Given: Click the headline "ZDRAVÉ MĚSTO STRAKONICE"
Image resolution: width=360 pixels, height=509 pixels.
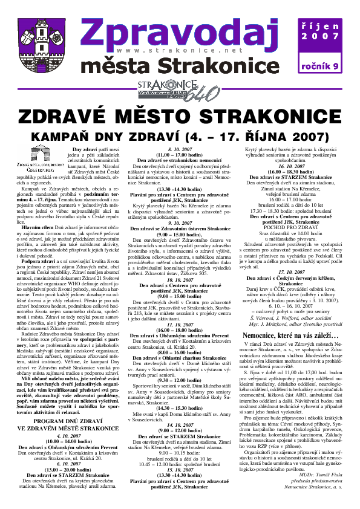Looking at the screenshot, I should pos(180,117).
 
